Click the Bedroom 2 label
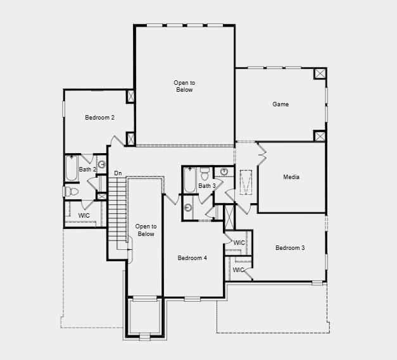click(x=99, y=118)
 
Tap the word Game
click(x=280, y=104)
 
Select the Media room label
click(x=291, y=177)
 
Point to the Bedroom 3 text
click(x=290, y=247)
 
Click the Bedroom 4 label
click(x=192, y=258)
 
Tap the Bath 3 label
click(x=207, y=186)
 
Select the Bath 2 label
click(x=87, y=170)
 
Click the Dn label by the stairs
click(x=118, y=173)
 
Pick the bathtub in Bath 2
click(x=71, y=168)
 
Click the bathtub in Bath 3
click(x=189, y=180)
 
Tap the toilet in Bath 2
click(x=70, y=191)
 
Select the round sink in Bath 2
click(x=101, y=165)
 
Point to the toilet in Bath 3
click(x=205, y=171)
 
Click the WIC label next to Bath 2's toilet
click(x=84, y=216)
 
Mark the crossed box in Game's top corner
click(x=320, y=73)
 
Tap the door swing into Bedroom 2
click(x=116, y=141)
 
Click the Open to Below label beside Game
click(x=184, y=86)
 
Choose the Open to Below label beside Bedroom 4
click(x=146, y=230)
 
